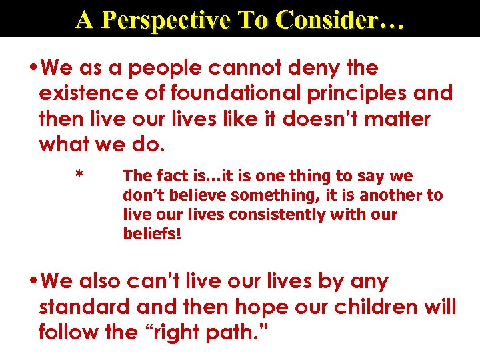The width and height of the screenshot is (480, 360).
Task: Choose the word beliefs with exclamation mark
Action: (152, 234)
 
